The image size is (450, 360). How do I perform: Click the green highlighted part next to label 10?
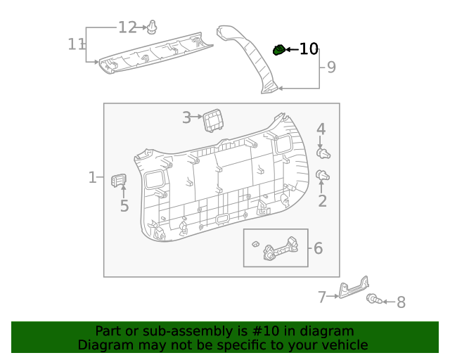pyautogui.click(x=279, y=49)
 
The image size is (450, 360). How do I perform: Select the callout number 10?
pyautogui.click(x=309, y=49)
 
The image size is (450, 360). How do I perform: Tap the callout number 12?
pyautogui.click(x=127, y=27)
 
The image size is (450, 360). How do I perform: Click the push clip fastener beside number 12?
pyautogui.click(x=151, y=28)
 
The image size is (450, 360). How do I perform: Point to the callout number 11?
pyautogui.click(x=76, y=44)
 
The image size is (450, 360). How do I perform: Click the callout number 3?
pyautogui.click(x=186, y=117)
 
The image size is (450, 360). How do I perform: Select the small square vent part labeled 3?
pyautogui.click(x=211, y=120)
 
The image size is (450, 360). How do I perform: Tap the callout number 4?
pyautogui.click(x=321, y=129)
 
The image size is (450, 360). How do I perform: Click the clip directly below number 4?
pyautogui.click(x=324, y=153)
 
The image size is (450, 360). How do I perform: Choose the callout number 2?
pyautogui.click(x=323, y=202)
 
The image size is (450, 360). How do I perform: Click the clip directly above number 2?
pyautogui.click(x=323, y=175)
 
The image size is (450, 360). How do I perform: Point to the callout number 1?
pyautogui.click(x=92, y=177)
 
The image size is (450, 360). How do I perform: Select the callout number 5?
pyautogui.click(x=124, y=206)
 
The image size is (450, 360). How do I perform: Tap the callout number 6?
pyautogui.click(x=318, y=248)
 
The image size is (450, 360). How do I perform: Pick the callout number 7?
pyautogui.click(x=322, y=297)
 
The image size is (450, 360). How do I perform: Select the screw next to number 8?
pyautogui.click(x=373, y=300)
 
